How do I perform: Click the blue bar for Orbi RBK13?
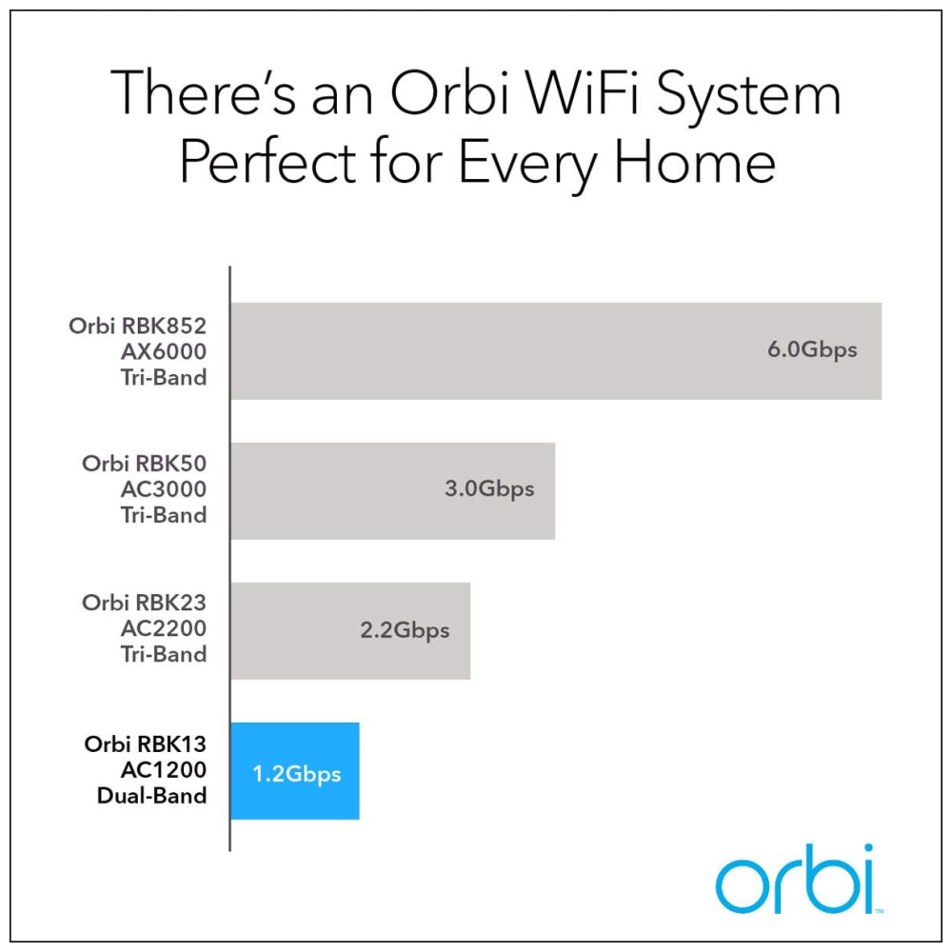295,770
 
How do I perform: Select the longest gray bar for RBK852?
556,351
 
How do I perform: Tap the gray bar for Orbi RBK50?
393,490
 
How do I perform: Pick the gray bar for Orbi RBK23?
350,631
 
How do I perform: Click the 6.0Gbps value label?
812,350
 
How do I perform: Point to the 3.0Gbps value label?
489,489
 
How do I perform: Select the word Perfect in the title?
268,161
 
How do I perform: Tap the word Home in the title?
695,161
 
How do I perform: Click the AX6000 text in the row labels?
164,351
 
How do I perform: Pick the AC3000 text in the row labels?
164,489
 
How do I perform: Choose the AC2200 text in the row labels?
164,628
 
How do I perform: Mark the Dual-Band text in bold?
151,796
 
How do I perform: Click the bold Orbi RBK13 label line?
145,744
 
